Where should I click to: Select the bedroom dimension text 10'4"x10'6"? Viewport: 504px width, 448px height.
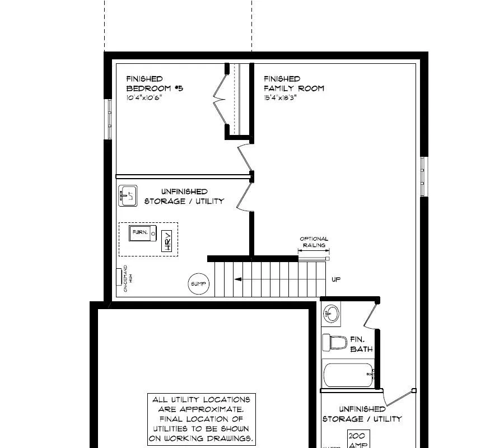click(x=144, y=97)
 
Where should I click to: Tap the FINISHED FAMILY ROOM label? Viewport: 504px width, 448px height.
click(x=293, y=83)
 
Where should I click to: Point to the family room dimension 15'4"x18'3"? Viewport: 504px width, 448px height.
click(x=280, y=97)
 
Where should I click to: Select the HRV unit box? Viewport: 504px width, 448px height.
click(x=167, y=241)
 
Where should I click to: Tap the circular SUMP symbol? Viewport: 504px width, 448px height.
click(x=199, y=284)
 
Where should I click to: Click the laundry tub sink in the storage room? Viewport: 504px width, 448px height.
click(x=128, y=196)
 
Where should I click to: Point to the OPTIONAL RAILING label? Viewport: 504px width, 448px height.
click(x=314, y=242)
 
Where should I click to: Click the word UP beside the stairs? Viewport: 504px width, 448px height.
click(x=335, y=279)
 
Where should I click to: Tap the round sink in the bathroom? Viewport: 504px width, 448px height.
click(x=331, y=314)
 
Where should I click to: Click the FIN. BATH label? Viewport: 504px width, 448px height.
click(x=361, y=344)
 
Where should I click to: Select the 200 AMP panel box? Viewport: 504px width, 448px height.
click(x=357, y=438)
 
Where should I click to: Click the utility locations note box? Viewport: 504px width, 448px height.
click(x=202, y=419)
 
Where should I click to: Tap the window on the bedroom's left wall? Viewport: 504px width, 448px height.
click(x=108, y=119)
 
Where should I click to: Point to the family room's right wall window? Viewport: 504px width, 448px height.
click(x=424, y=176)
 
